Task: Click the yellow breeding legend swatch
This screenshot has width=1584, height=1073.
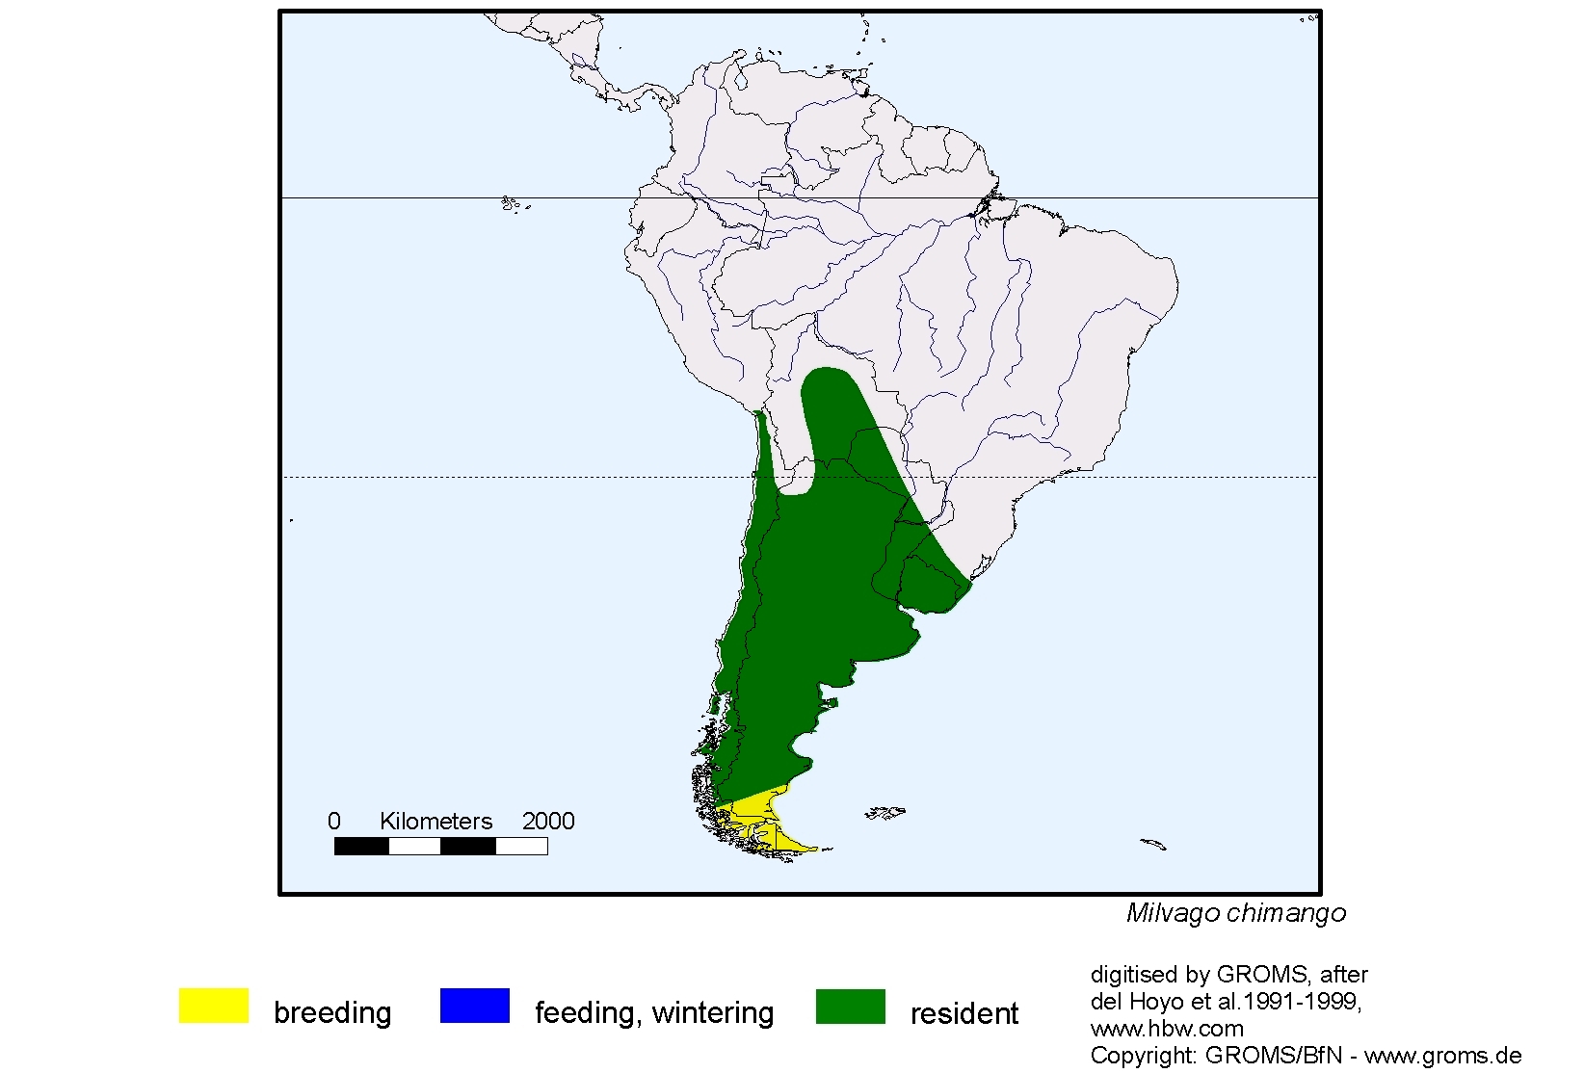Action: pyautogui.click(x=213, y=1006)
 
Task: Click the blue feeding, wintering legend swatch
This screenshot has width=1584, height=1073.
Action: pyautogui.click(x=474, y=1006)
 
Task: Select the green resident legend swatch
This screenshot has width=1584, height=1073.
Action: pyautogui.click(x=850, y=1006)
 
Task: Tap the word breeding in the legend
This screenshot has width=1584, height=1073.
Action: pyautogui.click(x=332, y=1013)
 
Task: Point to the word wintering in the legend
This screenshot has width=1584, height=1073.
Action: pyautogui.click(x=713, y=1013)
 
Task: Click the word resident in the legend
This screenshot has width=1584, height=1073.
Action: pyautogui.click(x=964, y=1013)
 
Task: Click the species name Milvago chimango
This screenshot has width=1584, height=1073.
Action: pyautogui.click(x=1235, y=913)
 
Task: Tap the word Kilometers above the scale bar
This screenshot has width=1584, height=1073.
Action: pyautogui.click(x=436, y=822)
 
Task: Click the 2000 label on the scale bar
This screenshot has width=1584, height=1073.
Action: pyautogui.click(x=548, y=822)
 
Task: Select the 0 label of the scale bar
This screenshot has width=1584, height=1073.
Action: pyautogui.click(x=334, y=822)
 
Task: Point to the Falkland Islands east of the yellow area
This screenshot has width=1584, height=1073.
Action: pyautogui.click(x=884, y=814)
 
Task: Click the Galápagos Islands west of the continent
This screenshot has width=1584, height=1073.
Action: pyautogui.click(x=511, y=203)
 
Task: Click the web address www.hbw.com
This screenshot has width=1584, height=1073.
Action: pyautogui.click(x=1167, y=1029)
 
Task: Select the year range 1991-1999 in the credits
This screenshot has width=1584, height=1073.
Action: pyautogui.click(x=1300, y=1002)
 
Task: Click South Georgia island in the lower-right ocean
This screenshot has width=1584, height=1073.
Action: pyautogui.click(x=1153, y=845)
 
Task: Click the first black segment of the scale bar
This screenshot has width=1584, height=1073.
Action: pyautogui.click(x=361, y=847)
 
